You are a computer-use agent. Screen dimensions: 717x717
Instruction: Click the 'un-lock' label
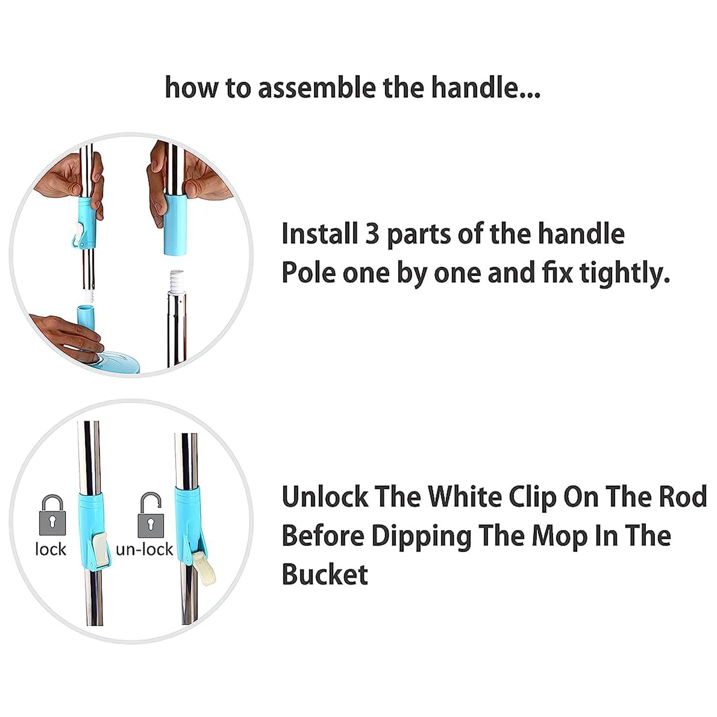(x=144, y=550)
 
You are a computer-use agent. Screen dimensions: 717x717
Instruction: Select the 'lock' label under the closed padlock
(x=51, y=550)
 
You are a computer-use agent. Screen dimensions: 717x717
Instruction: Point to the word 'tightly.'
(x=624, y=273)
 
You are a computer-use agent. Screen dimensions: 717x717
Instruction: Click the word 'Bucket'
(x=325, y=575)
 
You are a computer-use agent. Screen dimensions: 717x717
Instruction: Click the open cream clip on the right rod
(x=205, y=568)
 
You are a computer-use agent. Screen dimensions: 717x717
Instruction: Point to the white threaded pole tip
(x=177, y=282)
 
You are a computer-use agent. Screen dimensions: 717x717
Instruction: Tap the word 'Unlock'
(x=325, y=497)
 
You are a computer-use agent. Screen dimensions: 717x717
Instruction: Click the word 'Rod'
(x=683, y=497)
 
